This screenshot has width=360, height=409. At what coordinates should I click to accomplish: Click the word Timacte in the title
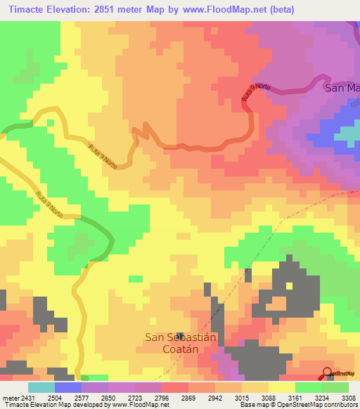point(30,9)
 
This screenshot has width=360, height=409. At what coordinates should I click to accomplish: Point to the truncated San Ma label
point(342,89)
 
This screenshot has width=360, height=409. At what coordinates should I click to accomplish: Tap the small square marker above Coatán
point(181,337)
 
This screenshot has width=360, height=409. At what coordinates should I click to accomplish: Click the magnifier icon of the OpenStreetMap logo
point(328,373)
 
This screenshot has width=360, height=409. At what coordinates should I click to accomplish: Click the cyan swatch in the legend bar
point(41,387)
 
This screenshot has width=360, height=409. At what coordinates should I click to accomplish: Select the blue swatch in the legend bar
point(68,387)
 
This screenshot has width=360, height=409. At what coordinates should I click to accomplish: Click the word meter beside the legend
point(10,398)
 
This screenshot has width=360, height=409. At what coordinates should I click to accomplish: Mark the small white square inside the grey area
point(289,285)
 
